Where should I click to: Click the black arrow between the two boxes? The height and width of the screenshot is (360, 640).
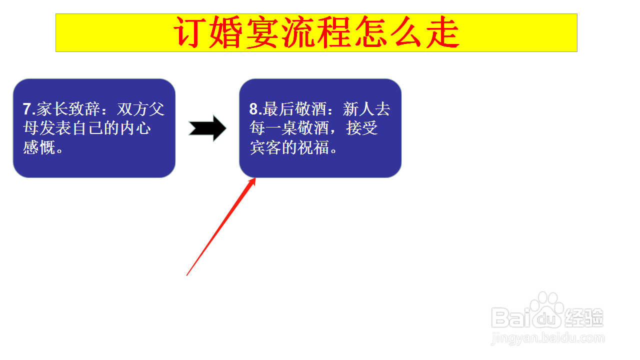[207, 128]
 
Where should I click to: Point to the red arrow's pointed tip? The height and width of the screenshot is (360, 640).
[255, 178]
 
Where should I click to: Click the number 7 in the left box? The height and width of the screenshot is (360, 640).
[27, 109]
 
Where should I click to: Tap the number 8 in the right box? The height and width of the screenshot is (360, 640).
[253, 109]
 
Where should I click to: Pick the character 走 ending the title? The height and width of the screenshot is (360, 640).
[442, 32]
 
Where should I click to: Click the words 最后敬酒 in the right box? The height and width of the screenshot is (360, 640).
[295, 109]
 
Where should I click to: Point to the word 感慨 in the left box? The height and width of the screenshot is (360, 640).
[39, 147]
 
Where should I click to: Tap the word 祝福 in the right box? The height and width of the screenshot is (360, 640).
[313, 147]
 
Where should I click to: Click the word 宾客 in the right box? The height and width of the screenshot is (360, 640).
[265, 147]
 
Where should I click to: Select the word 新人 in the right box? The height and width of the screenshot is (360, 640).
[358, 109]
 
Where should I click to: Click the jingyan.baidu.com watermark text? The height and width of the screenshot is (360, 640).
[548, 338]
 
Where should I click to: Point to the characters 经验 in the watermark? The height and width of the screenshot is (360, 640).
[583, 317]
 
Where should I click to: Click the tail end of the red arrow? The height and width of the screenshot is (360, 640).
[186, 275]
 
